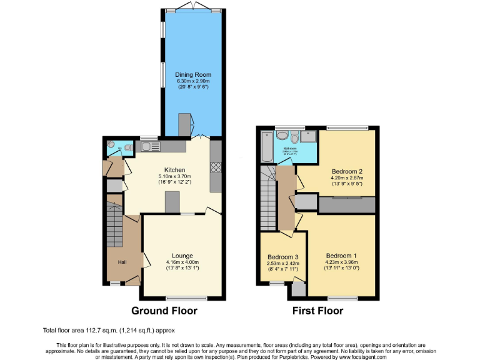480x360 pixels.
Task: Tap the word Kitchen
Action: tap(174, 169)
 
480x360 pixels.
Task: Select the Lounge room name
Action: tap(182, 255)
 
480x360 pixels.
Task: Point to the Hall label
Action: tap(123, 262)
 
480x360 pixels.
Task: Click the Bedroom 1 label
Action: tap(342, 256)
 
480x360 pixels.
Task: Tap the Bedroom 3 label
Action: tap(282, 257)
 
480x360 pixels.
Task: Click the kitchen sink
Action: tap(150, 147)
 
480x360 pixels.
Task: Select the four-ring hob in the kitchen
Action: tap(216, 167)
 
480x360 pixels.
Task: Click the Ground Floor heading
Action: tap(164, 310)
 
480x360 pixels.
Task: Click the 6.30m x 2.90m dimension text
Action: tap(192, 81)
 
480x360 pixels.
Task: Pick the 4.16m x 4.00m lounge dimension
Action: tap(182, 262)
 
